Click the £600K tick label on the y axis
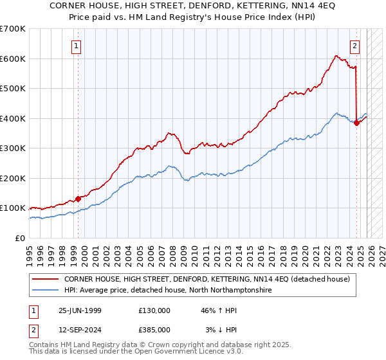(13, 59)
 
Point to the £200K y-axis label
(13, 178)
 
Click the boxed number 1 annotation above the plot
(77, 46)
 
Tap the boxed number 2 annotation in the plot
(354, 46)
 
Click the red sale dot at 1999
(78, 199)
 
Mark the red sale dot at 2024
(357, 123)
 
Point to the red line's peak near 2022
(336, 56)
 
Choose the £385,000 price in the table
(154, 330)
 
